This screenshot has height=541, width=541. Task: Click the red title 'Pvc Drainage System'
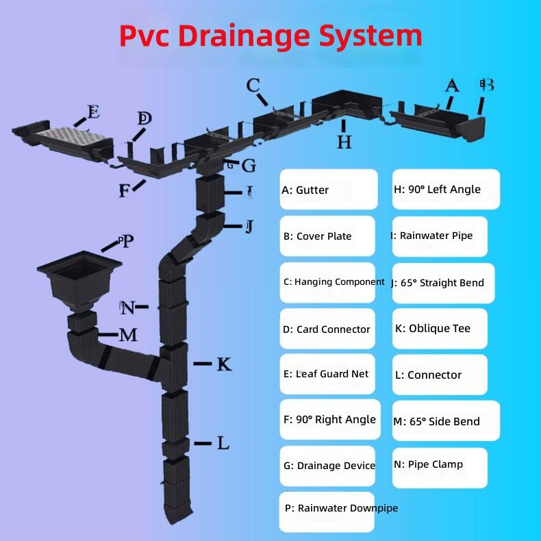271,36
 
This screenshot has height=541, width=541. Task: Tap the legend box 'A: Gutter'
329,189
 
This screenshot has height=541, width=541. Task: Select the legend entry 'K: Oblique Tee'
440,329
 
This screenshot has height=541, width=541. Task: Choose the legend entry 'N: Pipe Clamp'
440,468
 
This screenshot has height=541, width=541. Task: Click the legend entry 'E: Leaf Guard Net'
327,374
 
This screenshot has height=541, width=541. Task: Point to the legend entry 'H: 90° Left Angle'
446,189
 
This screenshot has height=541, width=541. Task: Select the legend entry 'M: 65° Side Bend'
446,420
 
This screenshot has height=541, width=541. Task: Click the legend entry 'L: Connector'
440,375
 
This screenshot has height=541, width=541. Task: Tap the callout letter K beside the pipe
224,364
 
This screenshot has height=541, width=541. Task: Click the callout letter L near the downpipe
223,443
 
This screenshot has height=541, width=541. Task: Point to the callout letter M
128,335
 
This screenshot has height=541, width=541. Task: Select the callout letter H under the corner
344,142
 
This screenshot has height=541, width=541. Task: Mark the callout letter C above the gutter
253,85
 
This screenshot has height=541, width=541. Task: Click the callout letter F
124,191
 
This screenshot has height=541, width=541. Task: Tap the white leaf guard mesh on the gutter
72,135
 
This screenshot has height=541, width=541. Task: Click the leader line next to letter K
203,364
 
